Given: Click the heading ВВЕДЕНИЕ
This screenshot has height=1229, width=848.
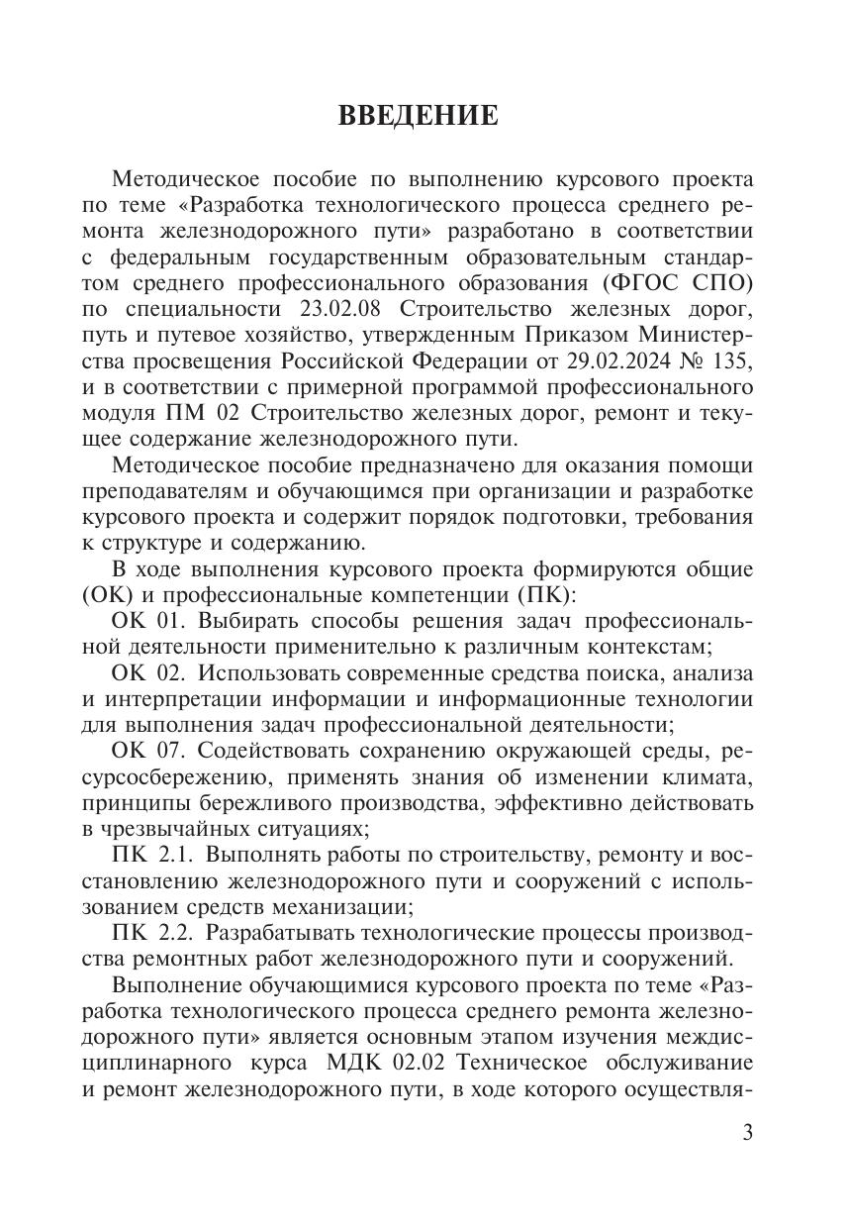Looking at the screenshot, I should [x=419, y=116].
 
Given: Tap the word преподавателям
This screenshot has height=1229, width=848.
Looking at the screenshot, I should [x=169, y=492].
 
